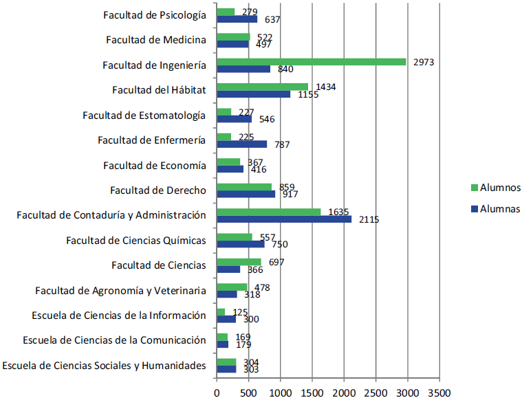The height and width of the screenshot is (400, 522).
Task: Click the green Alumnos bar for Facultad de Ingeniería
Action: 311,62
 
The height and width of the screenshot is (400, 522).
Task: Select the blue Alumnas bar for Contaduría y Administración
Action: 283,219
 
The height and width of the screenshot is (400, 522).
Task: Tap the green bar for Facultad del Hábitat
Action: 262,87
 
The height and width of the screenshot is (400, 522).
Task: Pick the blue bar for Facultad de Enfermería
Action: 241,144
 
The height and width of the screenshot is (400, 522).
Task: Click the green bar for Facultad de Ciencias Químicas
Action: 234,236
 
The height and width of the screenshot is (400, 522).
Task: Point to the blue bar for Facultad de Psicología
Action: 237,19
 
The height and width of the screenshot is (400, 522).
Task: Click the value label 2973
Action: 423,62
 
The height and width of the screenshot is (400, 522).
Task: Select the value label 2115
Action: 368,219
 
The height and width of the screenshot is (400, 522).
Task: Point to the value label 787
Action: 281,144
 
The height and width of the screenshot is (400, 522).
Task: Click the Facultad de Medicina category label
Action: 155,40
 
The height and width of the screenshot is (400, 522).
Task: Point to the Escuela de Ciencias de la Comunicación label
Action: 114,340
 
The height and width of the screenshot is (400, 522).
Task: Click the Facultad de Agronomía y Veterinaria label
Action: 120,290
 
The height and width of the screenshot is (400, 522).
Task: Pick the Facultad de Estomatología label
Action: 144,115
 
